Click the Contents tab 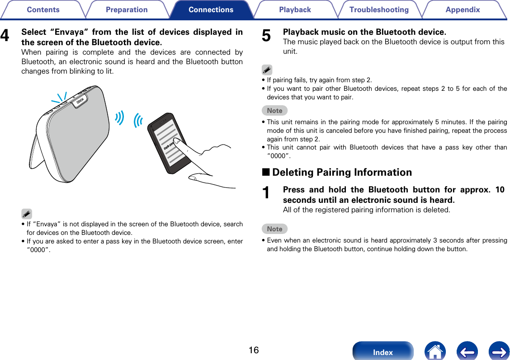43,9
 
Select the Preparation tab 127,9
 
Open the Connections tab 211,9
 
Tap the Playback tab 295,9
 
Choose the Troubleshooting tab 379,9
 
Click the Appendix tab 463,9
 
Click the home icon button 435,351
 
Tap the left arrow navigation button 467,351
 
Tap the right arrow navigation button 499,351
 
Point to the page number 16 254,350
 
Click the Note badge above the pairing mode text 274,110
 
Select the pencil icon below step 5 267,70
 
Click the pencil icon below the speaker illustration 26,214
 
